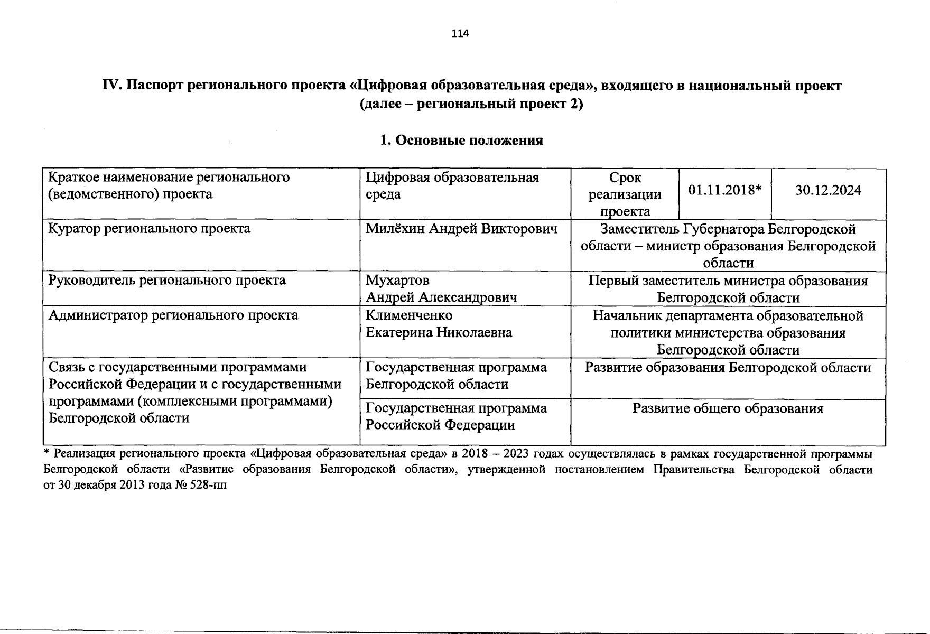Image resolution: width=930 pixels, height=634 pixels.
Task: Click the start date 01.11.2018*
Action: [x=724, y=190]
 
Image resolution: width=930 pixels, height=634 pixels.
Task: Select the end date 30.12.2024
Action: [x=828, y=190]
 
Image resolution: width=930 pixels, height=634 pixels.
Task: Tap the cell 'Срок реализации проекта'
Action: [x=625, y=194]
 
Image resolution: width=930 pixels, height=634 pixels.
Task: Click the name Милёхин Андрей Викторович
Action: [x=462, y=229]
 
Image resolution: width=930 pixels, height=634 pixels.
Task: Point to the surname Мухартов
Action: [x=397, y=280]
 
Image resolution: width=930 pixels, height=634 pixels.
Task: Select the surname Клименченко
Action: [x=409, y=315]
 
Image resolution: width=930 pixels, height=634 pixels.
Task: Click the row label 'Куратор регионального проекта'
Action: [x=149, y=229]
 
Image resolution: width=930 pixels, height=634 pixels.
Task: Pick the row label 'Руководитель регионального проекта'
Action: [x=167, y=280]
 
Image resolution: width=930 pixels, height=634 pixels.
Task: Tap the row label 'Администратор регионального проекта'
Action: [x=173, y=315]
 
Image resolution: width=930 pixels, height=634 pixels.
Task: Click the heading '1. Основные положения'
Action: [x=461, y=141]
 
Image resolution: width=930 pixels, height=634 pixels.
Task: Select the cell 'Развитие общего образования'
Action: [x=728, y=408]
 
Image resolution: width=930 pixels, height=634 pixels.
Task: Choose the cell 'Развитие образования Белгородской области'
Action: [x=728, y=367]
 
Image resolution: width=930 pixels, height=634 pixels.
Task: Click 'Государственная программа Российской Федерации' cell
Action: [x=456, y=416]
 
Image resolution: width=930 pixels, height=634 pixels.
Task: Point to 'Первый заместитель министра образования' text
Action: [x=728, y=281]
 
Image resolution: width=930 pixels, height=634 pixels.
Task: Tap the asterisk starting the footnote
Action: [x=46, y=452]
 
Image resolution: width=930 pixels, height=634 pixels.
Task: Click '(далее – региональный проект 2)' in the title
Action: [x=471, y=104]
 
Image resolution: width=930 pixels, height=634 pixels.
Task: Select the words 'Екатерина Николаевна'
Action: [x=439, y=332]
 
